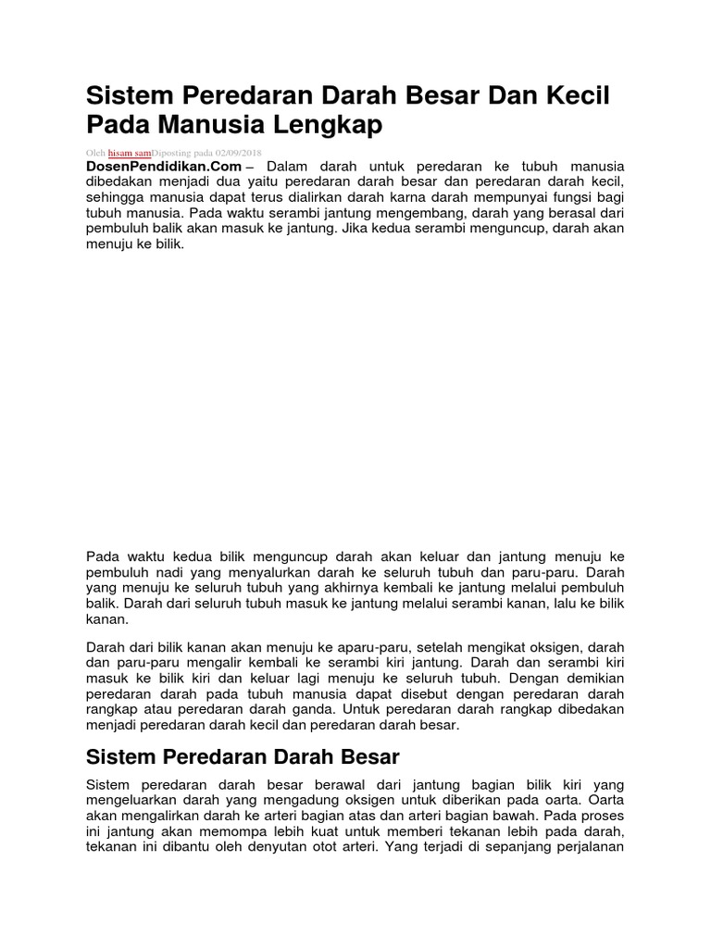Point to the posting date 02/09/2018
click(239, 152)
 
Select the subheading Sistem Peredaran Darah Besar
click(242, 757)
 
